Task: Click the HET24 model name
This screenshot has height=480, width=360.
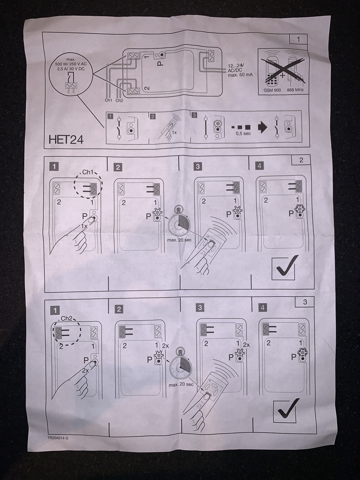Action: click(x=66, y=139)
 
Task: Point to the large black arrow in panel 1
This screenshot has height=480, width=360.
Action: click(x=262, y=128)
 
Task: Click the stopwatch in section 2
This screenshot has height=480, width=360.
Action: click(x=179, y=223)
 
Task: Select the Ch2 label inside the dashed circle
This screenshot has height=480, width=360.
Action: click(x=66, y=318)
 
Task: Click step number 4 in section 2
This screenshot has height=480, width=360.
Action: click(x=259, y=166)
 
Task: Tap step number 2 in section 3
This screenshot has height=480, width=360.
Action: click(x=119, y=309)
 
